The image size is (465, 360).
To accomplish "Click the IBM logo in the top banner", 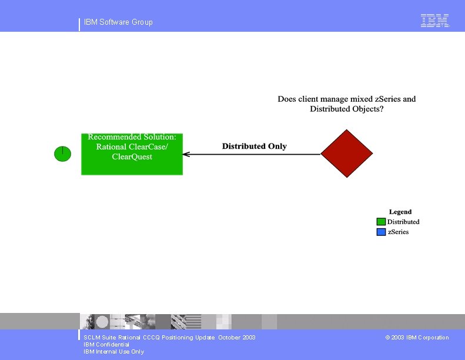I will coord(435,21).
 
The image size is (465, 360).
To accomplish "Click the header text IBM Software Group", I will coord(118,22).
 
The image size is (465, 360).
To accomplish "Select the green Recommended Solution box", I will coord(132,154).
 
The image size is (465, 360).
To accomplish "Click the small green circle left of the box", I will coord(62,154).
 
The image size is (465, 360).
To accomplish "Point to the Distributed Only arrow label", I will coord(254,146).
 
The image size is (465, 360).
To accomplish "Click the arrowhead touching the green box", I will coord(186,154).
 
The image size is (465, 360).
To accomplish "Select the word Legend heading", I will coord(400,212).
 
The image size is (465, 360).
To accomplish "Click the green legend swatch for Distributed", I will coord(381,222).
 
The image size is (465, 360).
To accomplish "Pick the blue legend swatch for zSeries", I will coord(381,232).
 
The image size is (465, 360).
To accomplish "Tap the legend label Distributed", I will coord(403,222).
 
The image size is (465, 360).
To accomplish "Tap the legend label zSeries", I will coord(398,232).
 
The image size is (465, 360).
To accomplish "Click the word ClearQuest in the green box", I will coord(132,156).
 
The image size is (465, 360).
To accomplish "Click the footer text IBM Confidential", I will coord(106,345).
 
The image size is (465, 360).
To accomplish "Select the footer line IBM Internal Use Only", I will coord(113,352).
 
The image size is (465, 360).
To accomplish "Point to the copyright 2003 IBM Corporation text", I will coord(417,338).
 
